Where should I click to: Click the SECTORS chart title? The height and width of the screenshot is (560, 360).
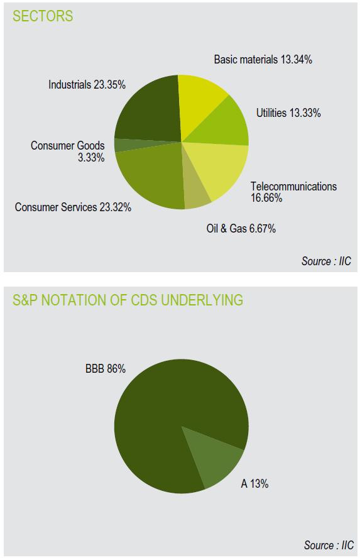[43, 16]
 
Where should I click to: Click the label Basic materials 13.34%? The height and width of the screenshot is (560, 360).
[263, 59]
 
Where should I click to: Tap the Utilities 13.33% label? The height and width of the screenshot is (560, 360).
[288, 113]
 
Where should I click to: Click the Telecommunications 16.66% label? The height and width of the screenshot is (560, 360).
[293, 192]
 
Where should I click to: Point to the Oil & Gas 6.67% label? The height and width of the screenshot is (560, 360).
[241, 228]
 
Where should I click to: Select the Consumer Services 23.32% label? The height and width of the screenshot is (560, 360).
[73, 207]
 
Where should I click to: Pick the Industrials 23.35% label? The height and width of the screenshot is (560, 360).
[87, 85]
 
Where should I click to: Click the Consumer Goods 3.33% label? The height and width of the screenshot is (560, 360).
[68, 151]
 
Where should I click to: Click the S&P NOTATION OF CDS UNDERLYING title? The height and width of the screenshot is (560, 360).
[128, 300]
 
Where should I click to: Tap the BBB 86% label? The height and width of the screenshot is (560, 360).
[106, 368]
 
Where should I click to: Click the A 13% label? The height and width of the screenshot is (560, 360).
[254, 484]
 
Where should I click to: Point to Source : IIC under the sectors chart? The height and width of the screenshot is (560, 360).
[327, 261]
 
